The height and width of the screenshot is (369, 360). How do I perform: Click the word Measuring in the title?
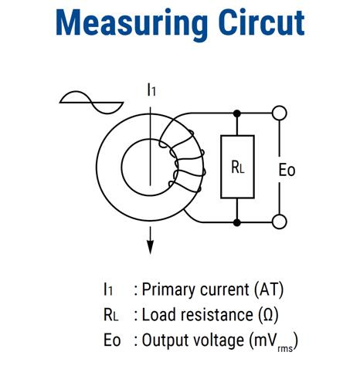[131, 24]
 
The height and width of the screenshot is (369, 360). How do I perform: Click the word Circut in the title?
[261, 22]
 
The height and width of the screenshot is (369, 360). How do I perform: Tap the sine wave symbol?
[91, 103]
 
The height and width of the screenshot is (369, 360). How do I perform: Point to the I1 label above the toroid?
[151, 90]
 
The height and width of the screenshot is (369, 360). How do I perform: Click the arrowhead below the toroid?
[150, 247]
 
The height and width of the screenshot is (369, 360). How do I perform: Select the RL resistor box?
[237, 167]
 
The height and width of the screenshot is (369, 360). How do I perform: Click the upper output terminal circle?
[280, 113]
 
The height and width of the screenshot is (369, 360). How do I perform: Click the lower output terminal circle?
[280, 222]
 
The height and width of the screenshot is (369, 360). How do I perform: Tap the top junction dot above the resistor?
[237, 113]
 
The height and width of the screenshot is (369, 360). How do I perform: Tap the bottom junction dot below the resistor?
[237, 222]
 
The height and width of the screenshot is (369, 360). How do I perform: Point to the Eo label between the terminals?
[287, 170]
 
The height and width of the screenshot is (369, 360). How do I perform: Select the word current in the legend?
[225, 289]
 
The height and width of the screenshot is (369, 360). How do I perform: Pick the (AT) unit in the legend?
[269, 289]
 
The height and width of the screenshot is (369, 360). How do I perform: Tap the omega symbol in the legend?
[268, 315]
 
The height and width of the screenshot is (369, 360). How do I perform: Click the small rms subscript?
[285, 349]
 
